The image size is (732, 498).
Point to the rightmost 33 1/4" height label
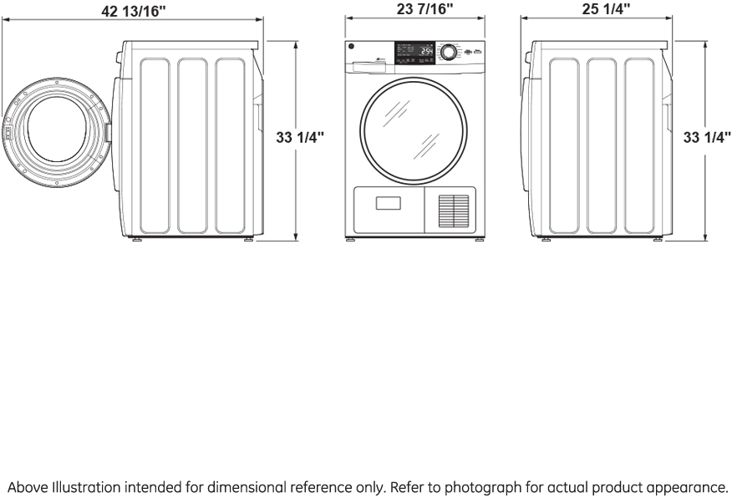(707, 138)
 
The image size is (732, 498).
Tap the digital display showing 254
(426, 52)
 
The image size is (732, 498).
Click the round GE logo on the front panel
(352, 48)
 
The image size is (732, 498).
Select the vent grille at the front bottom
(455, 211)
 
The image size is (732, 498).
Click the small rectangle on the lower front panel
(388, 202)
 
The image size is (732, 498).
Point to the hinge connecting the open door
(108, 131)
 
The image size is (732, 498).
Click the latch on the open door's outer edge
(7, 131)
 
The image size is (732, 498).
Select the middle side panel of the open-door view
(192, 145)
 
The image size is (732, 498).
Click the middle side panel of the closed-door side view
(602, 145)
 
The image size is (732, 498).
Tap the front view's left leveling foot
(351, 241)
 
